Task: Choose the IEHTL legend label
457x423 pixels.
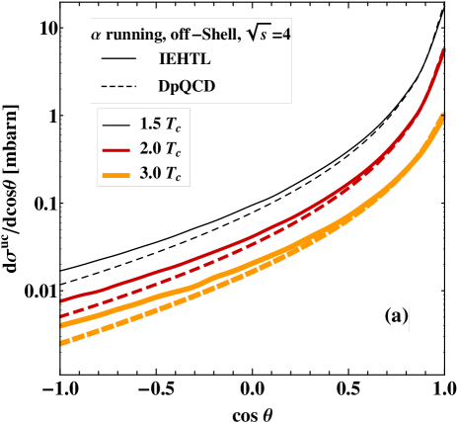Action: point(185,60)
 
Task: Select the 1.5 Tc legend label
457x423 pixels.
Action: point(159,126)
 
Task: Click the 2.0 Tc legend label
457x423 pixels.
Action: point(159,150)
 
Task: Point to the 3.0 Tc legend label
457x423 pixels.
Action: point(159,175)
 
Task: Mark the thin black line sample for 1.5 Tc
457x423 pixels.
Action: point(115,126)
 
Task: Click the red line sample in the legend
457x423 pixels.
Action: point(115,150)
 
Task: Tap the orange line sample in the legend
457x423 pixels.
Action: point(115,175)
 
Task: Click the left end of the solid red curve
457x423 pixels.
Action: point(62,299)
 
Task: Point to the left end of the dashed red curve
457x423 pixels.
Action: point(62,316)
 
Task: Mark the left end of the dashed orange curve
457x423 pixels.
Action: point(62,343)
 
